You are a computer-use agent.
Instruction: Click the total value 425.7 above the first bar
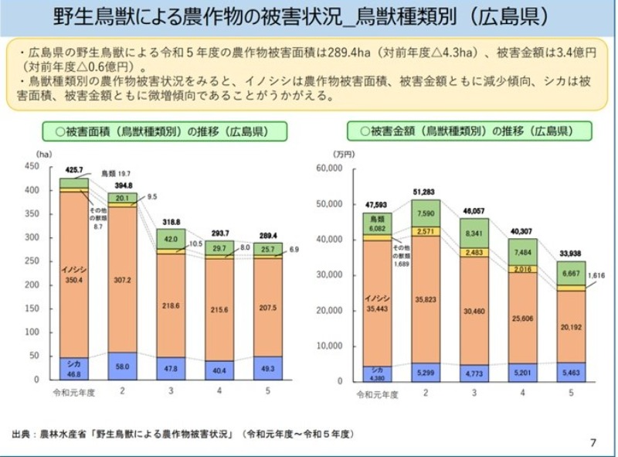point(75,170)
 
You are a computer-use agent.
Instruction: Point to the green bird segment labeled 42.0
point(171,240)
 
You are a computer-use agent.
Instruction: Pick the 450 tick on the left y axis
point(31,166)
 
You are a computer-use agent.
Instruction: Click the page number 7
point(593,442)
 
